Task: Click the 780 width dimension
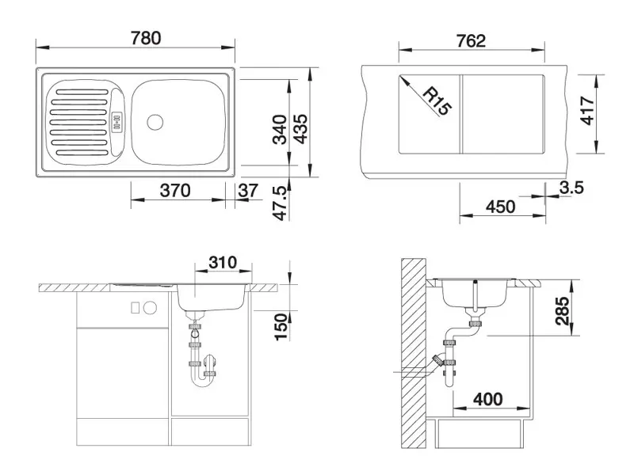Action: point(146,38)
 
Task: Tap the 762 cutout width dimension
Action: point(471,41)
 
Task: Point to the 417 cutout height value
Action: point(586,110)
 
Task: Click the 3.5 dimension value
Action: point(571,188)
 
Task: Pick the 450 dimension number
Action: point(501,207)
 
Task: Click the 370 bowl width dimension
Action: point(175,190)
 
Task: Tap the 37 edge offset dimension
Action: point(248,190)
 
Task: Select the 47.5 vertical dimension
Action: point(281,203)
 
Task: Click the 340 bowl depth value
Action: point(280,129)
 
